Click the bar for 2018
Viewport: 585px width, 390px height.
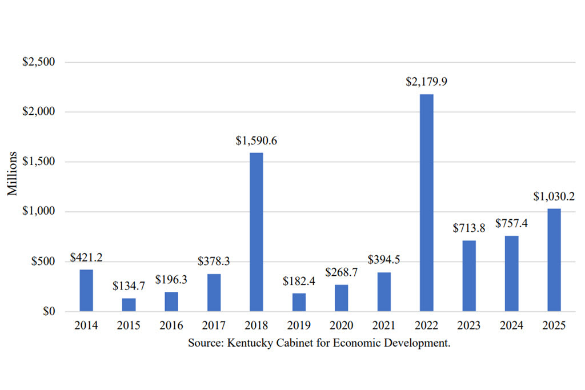pyautogui.click(x=257, y=232)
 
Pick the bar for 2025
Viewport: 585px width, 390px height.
pyautogui.click(x=554, y=260)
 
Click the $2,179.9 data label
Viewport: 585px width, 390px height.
pyautogui.click(x=427, y=82)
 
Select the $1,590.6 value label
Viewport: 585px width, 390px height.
pyautogui.click(x=257, y=140)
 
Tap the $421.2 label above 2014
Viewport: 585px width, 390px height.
pyautogui.click(x=86, y=258)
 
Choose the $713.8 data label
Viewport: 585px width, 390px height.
pyautogui.click(x=469, y=228)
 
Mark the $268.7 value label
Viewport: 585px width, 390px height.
pyautogui.click(x=342, y=272)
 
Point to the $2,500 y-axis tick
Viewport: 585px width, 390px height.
pyautogui.click(x=38, y=62)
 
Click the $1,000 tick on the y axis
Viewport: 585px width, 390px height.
pyautogui.click(x=38, y=212)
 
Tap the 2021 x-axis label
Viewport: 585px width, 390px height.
pyautogui.click(x=384, y=326)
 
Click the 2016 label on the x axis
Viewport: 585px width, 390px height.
pyautogui.click(x=171, y=326)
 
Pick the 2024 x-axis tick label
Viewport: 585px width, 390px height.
pyautogui.click(x=512, y=326)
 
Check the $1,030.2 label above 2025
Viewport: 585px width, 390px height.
pyautogui.click(x=554, y=197)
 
